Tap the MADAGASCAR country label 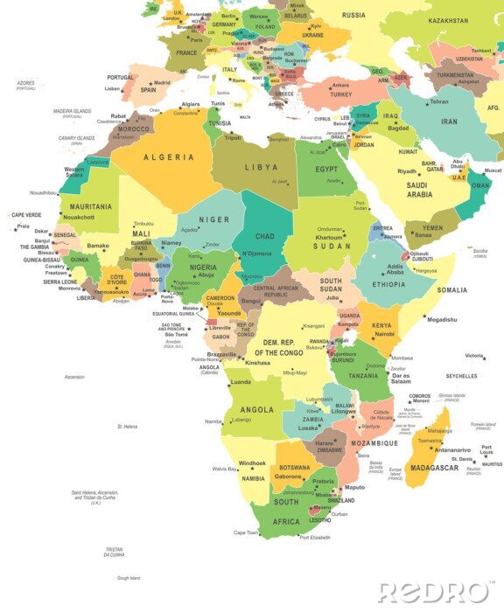click(x=433, y=468)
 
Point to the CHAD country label click(x=264, y=236)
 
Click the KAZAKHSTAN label click(x=449, y=20)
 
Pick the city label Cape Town click(x=246, y=532)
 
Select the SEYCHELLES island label click(x=461, y=376)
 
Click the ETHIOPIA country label click(x=390, y=284)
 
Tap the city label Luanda click(x=241, y=382)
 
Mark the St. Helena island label click(x=128, y=427)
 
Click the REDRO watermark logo click(x=433, y=592)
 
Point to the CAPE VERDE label click(x=25, y=214)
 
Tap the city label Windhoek click(x=252, y=462)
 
